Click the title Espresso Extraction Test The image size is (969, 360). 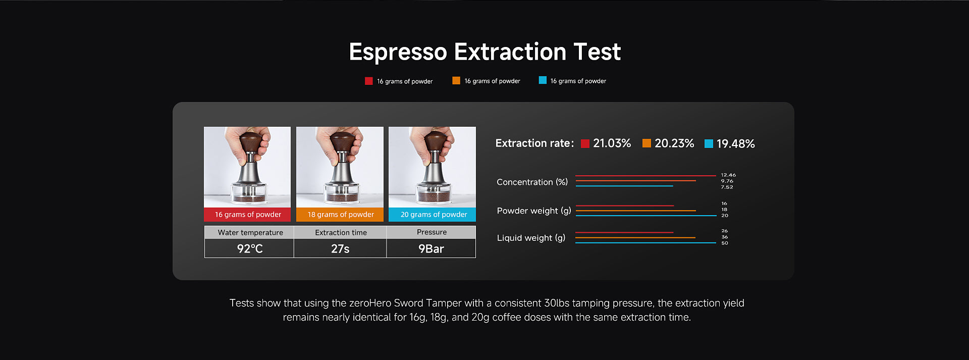pyautogui.click(x=484, y=52)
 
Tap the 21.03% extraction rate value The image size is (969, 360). pyautogui.click(x=612, y=143)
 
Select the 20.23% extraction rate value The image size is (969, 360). pyautogui.click(x=674, y=143)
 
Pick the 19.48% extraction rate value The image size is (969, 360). pyautogui.click(x=736, y=144)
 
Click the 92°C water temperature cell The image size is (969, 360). pyautogui.click(x=249, y=248)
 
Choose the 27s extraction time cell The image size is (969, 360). pyautogui.click(x=340, y=248)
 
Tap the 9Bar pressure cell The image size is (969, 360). pyautogui.click(x=431, y=248)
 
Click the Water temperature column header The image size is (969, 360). pyautogui.click(x=250, y=232)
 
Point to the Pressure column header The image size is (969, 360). pyautogui.click(x=432, y=232)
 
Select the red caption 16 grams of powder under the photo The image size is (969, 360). pyautogui.click(x=247, y=215)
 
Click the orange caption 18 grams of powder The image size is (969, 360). pyautogui.click(x=340, y=215)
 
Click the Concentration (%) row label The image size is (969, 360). pyautogui.click(x=532, y=182)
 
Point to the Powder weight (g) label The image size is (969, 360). pyautogui.click(x=534, y=211)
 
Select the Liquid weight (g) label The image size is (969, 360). pyautogui.click(x=531, y=238)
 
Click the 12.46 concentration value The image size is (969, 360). pyautogui.click(x=728, y=175)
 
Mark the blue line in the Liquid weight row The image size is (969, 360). pyautogui.click(x=645, y=243)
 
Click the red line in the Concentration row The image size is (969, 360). pyautogui.click(x=645, y=176)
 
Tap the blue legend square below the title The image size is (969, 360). pyautogui.click(x=543, y=80)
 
